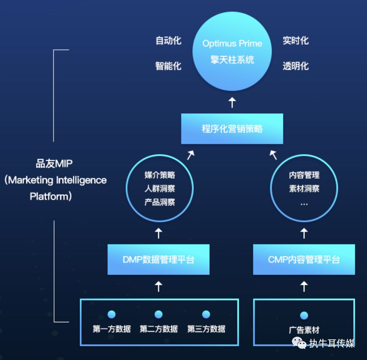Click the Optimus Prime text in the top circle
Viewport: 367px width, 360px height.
232,43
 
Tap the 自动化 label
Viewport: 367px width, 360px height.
169,40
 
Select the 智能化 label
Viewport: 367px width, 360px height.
169,66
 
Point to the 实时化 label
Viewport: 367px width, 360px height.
296,40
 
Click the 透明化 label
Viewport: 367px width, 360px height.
296,66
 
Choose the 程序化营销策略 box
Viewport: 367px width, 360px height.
232,129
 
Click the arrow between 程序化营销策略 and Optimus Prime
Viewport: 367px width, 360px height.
232,103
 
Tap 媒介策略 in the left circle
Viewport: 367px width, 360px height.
160,175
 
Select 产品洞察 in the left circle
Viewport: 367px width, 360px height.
160,202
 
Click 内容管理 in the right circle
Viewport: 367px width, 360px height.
304,175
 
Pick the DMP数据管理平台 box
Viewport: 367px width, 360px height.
158,259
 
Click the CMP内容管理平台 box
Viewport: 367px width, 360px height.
304,259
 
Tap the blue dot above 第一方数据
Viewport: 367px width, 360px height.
111,314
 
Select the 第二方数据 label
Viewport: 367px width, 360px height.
159,329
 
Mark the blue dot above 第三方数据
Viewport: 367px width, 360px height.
206,314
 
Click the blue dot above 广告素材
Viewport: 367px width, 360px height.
304,315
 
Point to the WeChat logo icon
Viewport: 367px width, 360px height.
299,343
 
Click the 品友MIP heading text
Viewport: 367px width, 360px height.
54,164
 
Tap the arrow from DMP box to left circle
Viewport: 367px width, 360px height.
158,233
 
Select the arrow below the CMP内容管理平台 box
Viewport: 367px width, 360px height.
304,286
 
